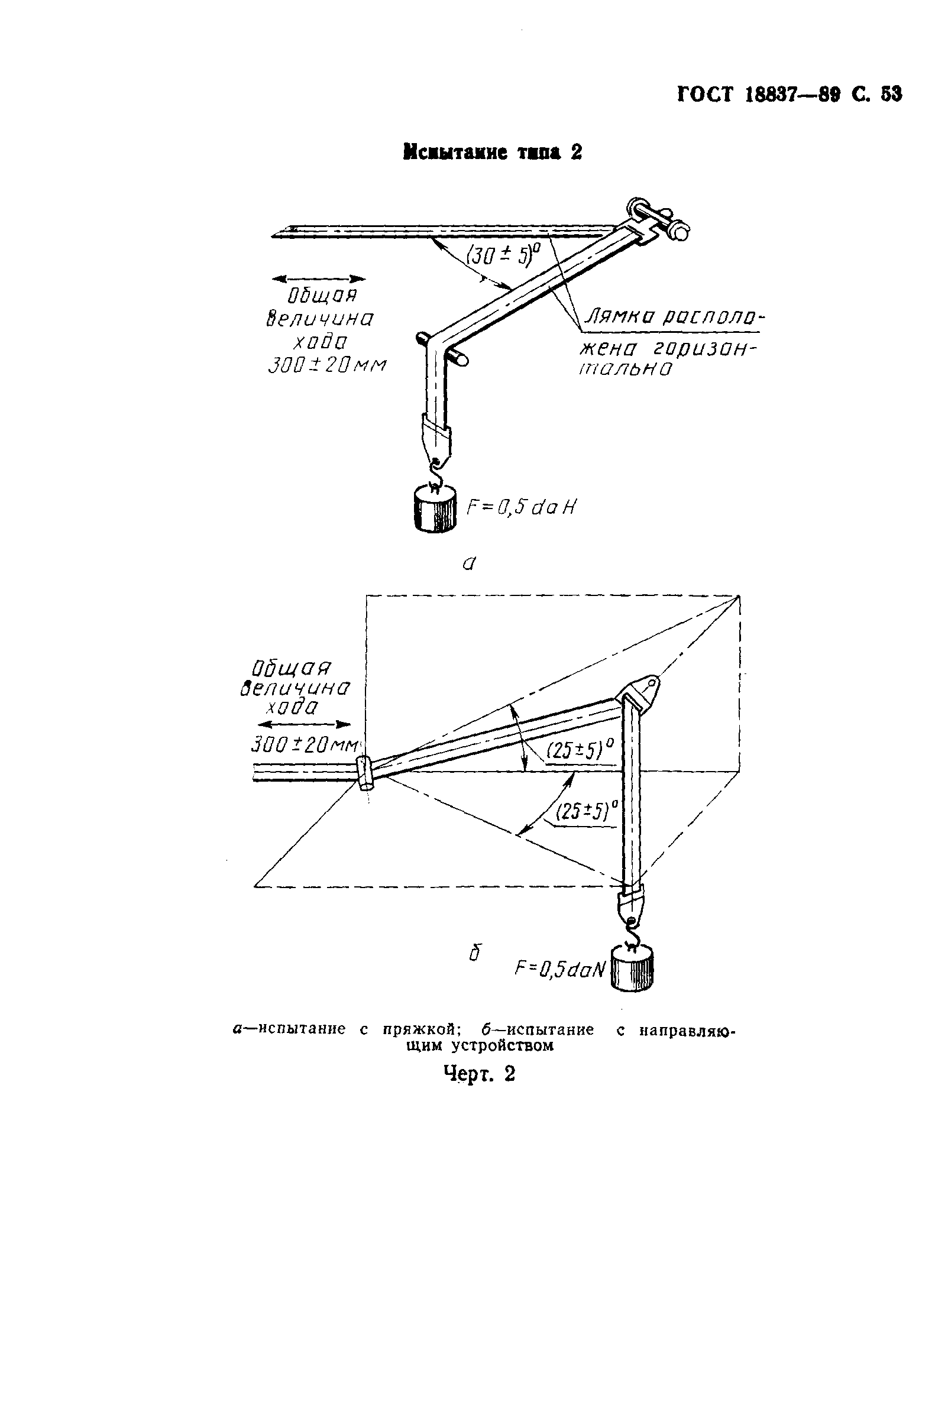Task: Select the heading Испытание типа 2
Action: pyautogui.click(x=492, y=153)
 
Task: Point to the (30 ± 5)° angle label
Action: pyautogui.click(x=503, y=254)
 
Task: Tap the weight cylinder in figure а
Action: pyautogui.click(x=433, y=509)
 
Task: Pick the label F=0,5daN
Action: pyautogui.click(x=560, y=969)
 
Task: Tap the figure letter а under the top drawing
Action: pyautogui.click(x=469, y=564)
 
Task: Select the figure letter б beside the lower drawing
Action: pyautogui.click(x=475, y=954)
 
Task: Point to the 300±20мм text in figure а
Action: pyautogui.click(x=326, y=365)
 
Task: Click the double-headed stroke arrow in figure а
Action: pyautogui.click(x=319, y=278)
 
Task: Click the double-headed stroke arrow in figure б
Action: pyautogui.click(x=303, y=724)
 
